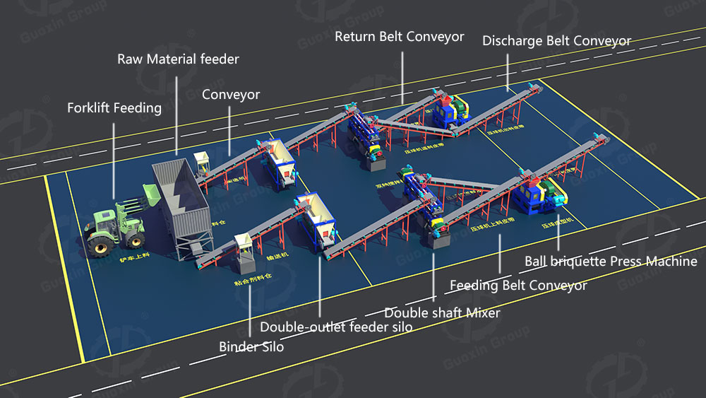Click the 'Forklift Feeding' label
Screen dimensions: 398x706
tap(114, 108)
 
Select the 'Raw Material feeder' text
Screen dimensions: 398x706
tap(178, 59)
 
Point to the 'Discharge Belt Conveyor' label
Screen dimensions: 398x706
tap(556, 41)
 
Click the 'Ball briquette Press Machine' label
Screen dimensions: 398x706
tap(611, 262)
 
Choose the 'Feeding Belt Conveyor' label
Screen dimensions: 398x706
tap(518, 286)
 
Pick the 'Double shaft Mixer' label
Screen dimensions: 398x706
tap(442, 312)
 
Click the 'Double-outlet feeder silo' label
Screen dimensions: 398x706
tap(336, 327)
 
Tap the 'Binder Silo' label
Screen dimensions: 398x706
tap(251, 347)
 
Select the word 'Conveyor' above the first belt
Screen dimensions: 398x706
tap(231, 95)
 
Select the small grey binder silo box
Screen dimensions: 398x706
tap(246, 254)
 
